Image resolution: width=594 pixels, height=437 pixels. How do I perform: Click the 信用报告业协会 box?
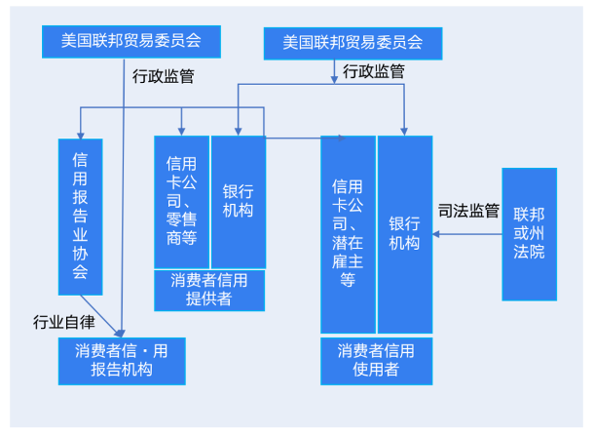point(81,216)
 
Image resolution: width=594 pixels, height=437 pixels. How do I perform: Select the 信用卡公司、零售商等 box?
point(182,201)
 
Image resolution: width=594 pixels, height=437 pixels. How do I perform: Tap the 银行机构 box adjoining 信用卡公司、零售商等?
point(239,201)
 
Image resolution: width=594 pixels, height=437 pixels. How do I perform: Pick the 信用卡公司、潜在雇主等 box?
point(349,234)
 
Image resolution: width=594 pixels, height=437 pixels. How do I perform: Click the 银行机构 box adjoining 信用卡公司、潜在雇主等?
point(405,234)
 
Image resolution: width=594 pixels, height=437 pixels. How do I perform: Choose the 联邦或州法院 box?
point(530,234)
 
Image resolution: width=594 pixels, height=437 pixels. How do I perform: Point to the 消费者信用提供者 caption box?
point(209,290)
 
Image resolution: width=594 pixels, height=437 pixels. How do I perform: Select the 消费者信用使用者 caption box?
point(376,360)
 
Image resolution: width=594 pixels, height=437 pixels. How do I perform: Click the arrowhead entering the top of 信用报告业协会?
point(81,133)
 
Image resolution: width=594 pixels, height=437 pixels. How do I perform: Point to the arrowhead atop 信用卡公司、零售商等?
point(182,131)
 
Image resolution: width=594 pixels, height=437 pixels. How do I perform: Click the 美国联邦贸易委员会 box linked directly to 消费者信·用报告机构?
point(131,41)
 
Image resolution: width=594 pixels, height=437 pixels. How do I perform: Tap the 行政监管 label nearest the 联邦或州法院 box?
point(374,71)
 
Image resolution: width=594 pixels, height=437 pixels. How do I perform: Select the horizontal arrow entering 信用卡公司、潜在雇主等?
point(292,138)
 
